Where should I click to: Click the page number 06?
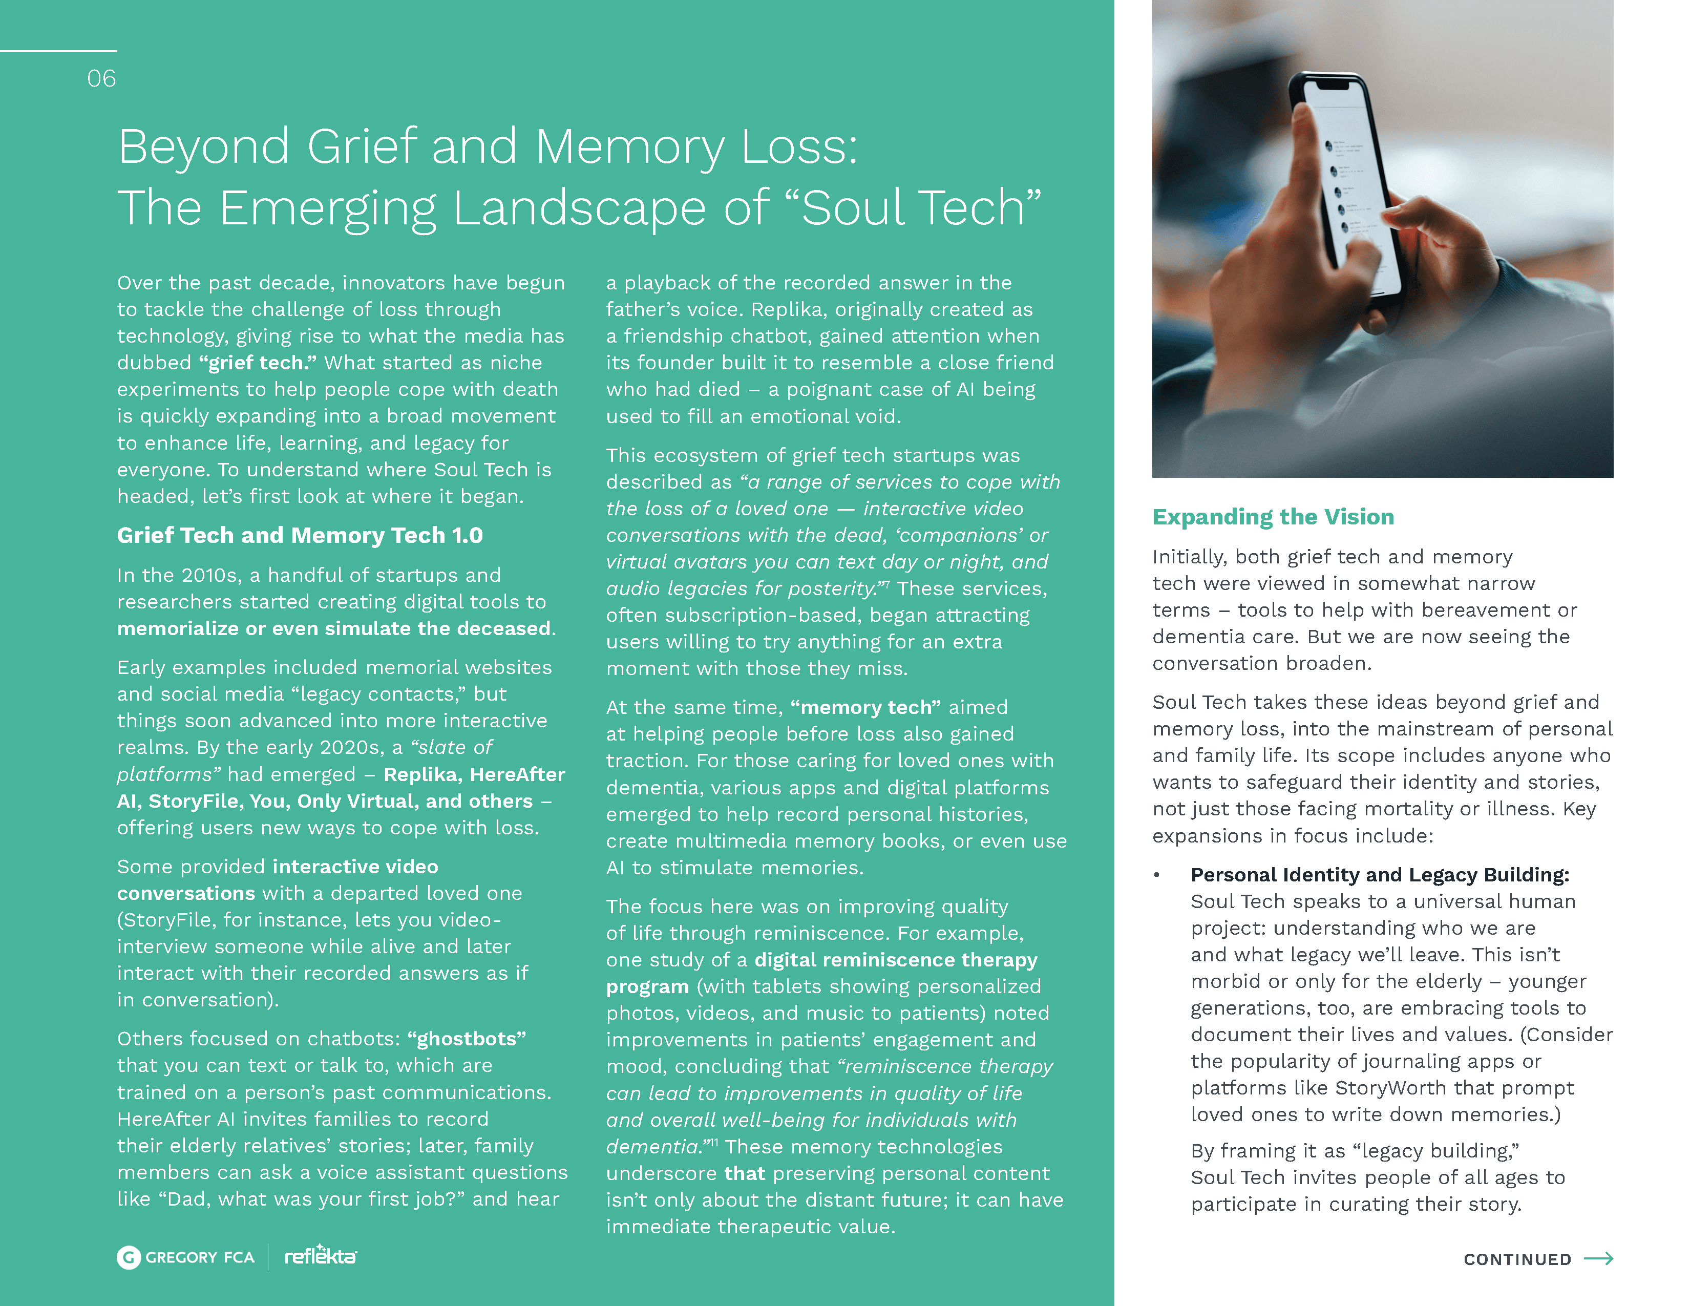(101, 78)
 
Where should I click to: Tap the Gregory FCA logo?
(186, 1257)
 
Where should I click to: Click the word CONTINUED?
(1517, 1259)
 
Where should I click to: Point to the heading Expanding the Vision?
(1273, 517)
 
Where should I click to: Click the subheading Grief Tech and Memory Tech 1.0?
(300, 535)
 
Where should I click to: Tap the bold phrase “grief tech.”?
(258, 363)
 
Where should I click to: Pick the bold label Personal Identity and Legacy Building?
(1379, 875)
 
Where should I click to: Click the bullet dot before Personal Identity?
(1157, 875)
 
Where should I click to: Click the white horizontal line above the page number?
(58, 51)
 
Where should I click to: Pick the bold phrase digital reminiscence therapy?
(895, 960)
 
